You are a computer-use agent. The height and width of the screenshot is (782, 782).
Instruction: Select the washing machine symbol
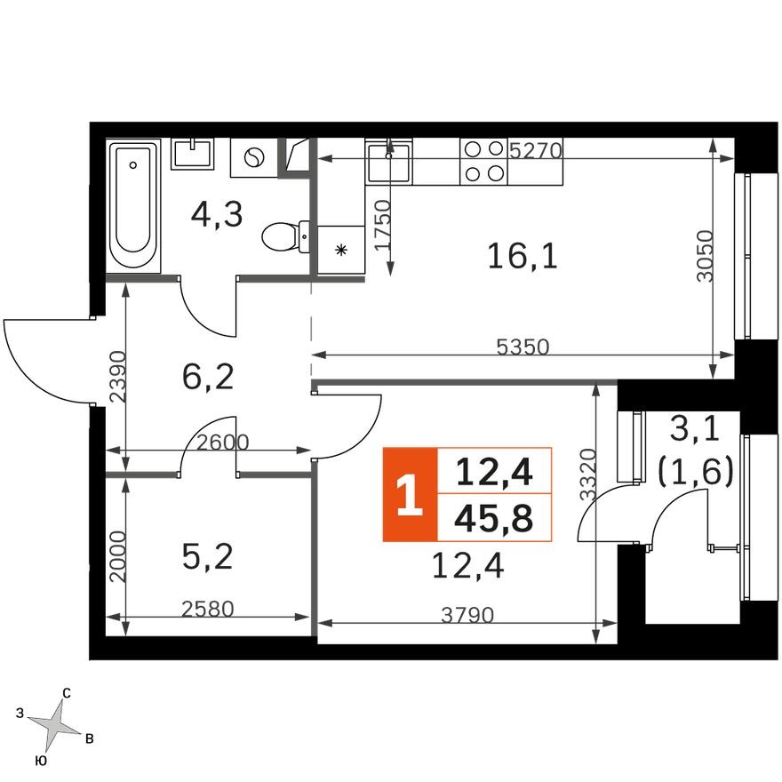click(253, 157)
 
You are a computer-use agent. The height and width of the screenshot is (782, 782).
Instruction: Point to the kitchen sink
click(388, 162)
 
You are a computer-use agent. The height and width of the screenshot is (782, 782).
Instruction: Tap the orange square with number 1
click(410, 495)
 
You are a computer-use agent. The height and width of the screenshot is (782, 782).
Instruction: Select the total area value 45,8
click(494, 520)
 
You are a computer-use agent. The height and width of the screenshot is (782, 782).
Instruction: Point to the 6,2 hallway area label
click(207, 377)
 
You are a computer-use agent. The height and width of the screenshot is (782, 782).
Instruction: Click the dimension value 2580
click(206, 610)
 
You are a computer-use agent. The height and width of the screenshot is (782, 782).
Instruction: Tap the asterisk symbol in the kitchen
click(340, 250)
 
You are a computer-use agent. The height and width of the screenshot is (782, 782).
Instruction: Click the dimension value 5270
click(535, 150)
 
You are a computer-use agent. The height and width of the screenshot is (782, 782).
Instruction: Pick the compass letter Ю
click(40, 762)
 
